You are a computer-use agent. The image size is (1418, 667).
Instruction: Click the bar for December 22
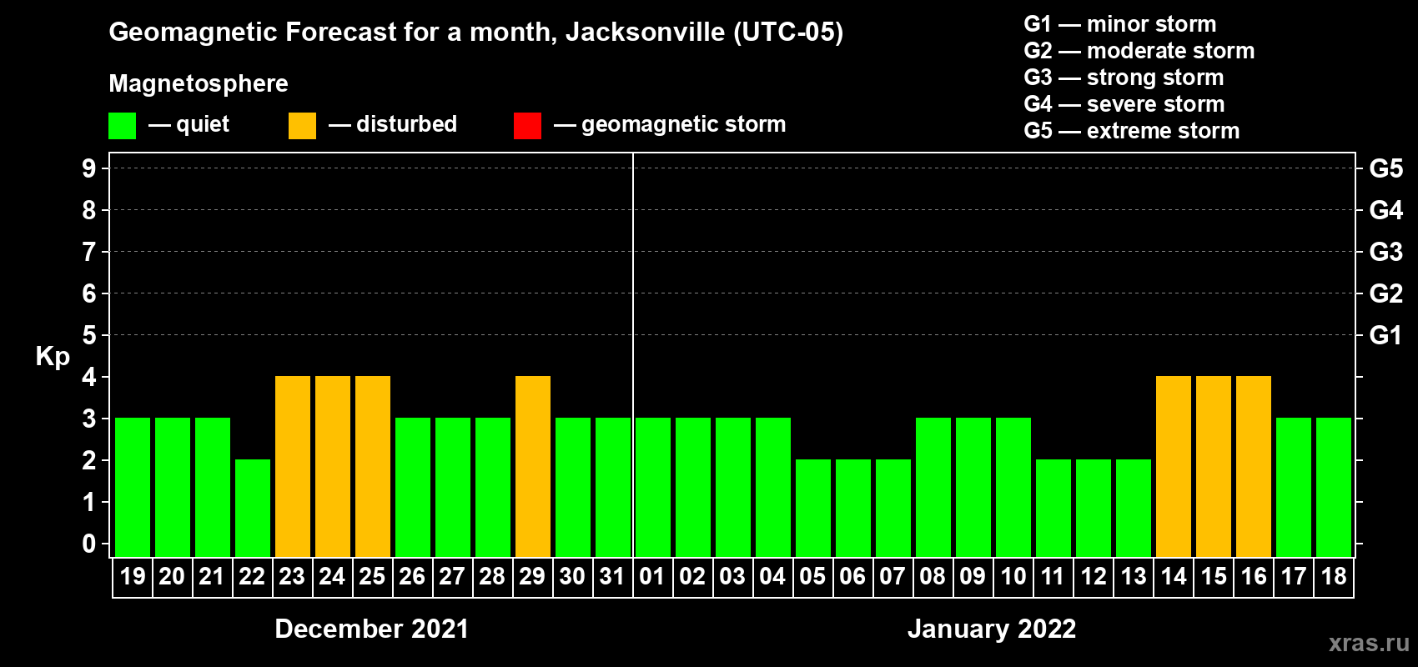253,508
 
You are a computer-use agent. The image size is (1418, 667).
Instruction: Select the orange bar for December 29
533,466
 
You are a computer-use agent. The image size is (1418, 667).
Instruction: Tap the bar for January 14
1174,466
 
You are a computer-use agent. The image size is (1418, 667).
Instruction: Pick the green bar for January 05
813,508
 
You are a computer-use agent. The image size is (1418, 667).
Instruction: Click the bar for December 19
133,487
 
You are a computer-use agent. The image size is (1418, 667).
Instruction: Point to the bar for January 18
1334,487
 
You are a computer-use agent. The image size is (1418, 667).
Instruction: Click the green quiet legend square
123,126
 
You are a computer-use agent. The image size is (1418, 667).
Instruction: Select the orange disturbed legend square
302,126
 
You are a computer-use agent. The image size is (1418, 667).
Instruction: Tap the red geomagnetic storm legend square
527,126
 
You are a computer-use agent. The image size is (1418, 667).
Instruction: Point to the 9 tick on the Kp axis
89,168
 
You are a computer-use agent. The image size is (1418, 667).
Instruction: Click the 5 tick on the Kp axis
89,335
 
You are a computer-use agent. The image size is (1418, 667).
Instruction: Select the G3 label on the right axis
1385,252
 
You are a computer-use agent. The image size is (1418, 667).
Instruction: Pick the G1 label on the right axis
1385,335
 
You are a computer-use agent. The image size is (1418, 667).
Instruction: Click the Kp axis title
53,356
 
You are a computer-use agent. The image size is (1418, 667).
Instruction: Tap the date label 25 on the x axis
372,576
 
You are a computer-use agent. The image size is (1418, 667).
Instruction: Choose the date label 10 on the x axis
1013,576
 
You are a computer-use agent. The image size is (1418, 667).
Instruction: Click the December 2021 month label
372,629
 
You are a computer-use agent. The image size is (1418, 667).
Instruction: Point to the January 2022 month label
992,629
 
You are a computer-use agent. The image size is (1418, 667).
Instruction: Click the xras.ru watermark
1369,643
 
